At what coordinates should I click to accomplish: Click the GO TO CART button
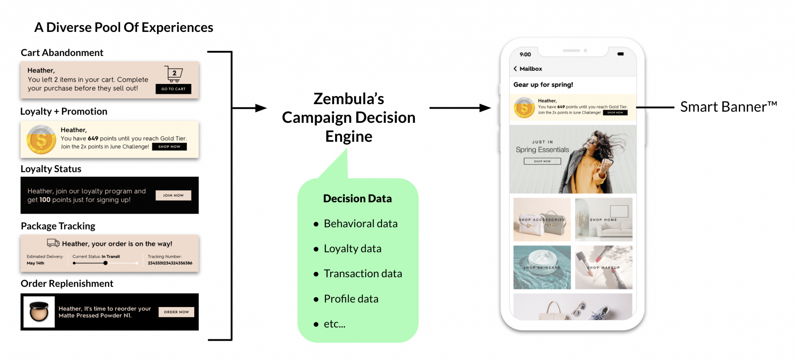tap(173, 89)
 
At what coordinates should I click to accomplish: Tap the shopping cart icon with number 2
tap(173, 73)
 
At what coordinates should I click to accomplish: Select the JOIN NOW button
tap(173, 195)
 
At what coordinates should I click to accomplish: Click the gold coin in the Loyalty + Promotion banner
tap(41, 140)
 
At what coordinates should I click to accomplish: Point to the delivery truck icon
tap(53, 243)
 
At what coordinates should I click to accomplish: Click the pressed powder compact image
tap(39, 312)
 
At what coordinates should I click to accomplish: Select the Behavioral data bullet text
tap(360, 224)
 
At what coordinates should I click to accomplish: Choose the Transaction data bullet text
tap(363, 274)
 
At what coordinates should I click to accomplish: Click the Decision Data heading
tap(357, 199)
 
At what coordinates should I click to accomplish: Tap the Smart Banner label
tap(728, 107)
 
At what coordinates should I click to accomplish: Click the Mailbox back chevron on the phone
tap(515, 69)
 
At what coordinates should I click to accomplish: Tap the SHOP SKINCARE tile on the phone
tap(542, 267)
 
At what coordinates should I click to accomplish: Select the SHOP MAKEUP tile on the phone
tap(604, 267)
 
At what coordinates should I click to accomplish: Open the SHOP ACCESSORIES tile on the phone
tap(542, 220)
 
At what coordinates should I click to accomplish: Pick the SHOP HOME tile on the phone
tap(604, 220)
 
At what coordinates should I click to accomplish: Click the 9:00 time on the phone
tap(525, 54)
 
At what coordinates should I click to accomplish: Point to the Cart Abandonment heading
tap(62, 53)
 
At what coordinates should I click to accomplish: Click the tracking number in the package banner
tap(170, 263)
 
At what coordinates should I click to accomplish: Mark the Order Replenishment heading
tap(67, 284)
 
